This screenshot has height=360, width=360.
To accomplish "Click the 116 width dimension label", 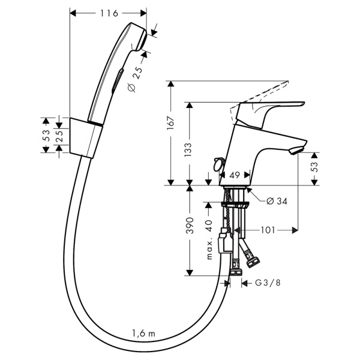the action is (109, 13).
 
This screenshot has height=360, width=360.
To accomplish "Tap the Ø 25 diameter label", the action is (135, 79).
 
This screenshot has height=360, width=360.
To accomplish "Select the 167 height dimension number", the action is (170, 123).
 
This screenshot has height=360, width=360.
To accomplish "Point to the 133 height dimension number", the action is (188, 149).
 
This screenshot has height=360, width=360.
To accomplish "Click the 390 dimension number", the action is (190, 226).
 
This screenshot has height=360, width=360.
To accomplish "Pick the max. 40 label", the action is (209, 239).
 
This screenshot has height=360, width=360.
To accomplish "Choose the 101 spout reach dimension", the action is (268, 230).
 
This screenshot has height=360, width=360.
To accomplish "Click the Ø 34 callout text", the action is (277, 202).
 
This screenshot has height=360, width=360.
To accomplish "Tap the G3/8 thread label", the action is (268, 283).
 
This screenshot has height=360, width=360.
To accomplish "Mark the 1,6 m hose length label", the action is (143, 333).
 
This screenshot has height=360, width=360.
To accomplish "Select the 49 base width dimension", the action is (235, 175).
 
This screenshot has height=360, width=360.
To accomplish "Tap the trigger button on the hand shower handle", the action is (118, 81).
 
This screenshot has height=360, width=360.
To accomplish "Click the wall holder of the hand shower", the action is (86, 138).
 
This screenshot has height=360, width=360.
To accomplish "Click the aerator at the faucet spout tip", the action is (296, 151).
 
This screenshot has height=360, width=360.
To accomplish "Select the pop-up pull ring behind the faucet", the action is (218, 164).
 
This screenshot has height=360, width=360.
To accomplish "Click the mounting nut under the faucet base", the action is (235, 205).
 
